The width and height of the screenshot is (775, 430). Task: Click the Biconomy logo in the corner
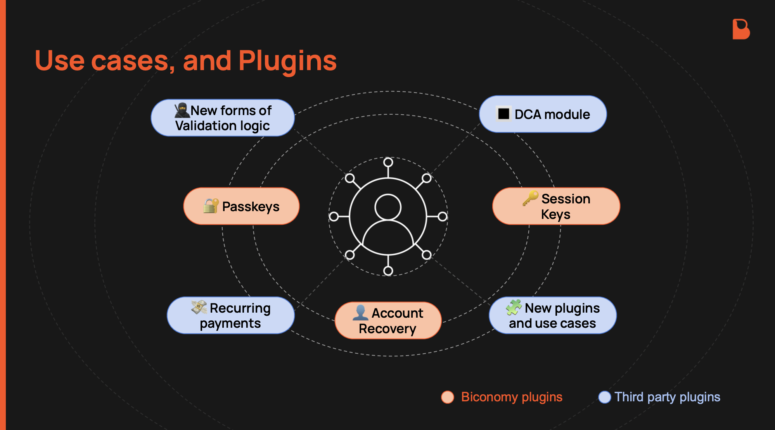[x=741, y=29]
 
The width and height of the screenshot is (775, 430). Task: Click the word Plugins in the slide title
[x=287, y=61]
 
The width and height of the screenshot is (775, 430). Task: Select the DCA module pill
[x=543, y=114]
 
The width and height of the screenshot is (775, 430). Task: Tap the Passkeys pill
[x=241, y=206]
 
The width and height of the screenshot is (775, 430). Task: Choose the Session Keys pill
[x=556, y=206]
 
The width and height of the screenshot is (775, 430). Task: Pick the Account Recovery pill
[x=388, y=321]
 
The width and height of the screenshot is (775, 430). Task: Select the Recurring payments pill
[x=231, y=315]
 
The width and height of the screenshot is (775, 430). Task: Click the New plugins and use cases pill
[x=552, y=315]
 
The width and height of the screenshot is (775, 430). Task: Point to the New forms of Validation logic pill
[x=223, y=118]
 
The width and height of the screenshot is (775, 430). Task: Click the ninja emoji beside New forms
[x=182, y=110]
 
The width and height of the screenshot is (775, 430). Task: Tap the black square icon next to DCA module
[x=503, y=114]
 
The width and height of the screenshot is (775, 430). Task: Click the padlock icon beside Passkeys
[x=211, y=206]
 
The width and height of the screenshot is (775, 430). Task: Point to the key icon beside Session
[x=530, y=198]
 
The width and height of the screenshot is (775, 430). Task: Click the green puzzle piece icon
[x=514, y=308]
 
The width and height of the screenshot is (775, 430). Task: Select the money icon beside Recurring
[x=199, y=308]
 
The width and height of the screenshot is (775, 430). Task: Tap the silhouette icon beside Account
[x=360, y=313]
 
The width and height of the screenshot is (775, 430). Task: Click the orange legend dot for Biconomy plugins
[x=448, y=397]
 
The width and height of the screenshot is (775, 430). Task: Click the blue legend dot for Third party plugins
[x=604, y=397]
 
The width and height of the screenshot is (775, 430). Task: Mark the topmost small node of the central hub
[x=388, y=162]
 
